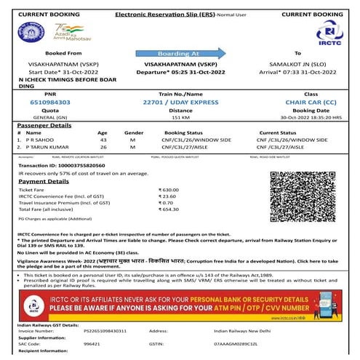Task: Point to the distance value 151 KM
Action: tap(180, 116)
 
